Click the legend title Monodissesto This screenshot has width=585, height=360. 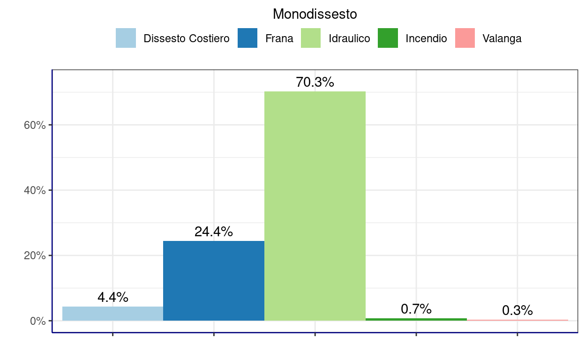click(315, 15)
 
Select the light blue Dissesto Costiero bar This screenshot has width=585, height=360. click(112, 314)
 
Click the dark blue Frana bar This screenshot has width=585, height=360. click(214, 281)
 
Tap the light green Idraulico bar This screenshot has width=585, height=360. click(315, 206)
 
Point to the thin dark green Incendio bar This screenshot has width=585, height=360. click(416, 319)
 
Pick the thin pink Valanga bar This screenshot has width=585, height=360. click(517, 320)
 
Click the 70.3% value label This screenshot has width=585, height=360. click(315, 82)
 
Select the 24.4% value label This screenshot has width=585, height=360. click(214, 232)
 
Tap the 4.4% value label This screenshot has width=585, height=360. click(113, 297)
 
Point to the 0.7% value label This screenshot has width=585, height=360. click(416, 309)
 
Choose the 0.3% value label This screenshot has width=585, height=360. click(517, 310)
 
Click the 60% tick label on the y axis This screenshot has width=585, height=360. click(35, 125)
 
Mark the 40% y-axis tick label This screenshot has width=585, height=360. click(35, 190)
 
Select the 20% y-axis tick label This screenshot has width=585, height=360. click(35, 256)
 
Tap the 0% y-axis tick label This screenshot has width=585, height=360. click(37, 321)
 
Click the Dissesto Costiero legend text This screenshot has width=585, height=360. click(187, 38)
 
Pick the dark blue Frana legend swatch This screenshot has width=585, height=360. click(247, 38)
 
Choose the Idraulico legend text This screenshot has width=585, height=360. click(349, 38)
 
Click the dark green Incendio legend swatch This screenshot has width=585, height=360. click(388, 38)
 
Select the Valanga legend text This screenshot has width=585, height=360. click(502, 38)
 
